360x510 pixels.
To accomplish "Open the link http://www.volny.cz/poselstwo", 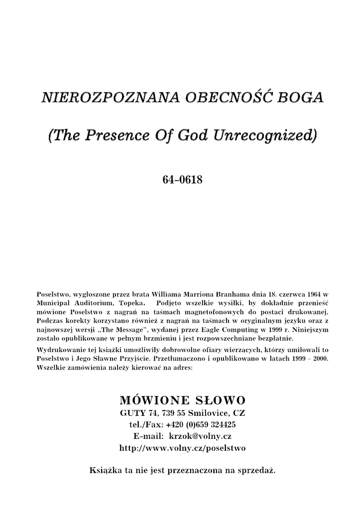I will [x=183, y=448].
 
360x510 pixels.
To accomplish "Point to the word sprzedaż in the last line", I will [x=256, y=470].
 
